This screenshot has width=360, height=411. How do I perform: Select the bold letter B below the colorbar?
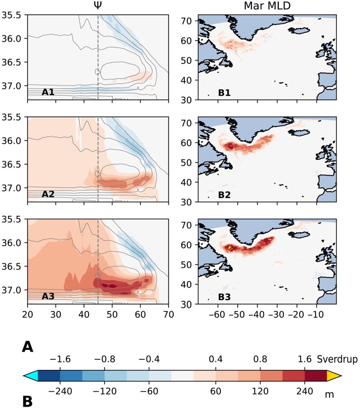coord(27,400)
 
